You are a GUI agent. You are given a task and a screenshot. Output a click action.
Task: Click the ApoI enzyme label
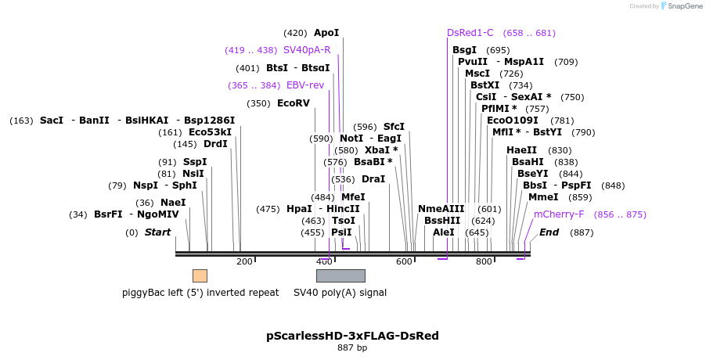(x=326, y=33)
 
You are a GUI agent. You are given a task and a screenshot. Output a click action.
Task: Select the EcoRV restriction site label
(x=294, y=103)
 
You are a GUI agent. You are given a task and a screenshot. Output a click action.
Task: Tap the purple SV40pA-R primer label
(x=307, y=50)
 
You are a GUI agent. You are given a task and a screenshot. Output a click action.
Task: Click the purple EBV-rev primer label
(x=305, y=85)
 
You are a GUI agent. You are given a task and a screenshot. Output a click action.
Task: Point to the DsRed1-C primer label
(x=470, y=33)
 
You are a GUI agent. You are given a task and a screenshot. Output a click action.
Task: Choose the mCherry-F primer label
(x=559, y=214)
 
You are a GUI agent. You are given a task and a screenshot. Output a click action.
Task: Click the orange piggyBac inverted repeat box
(x=200, y=275)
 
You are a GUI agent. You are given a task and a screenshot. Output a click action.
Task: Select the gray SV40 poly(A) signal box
(x=340, y=275)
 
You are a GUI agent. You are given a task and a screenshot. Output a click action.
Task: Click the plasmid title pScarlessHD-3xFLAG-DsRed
(x=352, y=336)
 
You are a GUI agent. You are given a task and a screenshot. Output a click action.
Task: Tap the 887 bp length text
(x=352, y=347)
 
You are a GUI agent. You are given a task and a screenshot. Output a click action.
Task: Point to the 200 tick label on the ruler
(x=244, y=261)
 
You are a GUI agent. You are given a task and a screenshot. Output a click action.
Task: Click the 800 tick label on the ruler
(x=483, y=261)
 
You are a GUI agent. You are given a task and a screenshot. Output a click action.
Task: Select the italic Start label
(x=157, y=232)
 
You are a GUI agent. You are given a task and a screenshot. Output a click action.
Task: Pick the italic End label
(x=549, y=232)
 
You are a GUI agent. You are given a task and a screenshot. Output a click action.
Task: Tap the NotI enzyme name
(x=351, y=139)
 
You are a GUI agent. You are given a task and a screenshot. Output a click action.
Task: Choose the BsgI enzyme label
(x=464, y=50)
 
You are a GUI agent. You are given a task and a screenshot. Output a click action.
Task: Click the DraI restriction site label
(x=373, y=179)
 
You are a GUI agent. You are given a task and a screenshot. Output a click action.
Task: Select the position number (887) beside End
(x=582, y=232)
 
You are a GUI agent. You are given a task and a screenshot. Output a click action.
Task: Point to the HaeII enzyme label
(x=522, y=150)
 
